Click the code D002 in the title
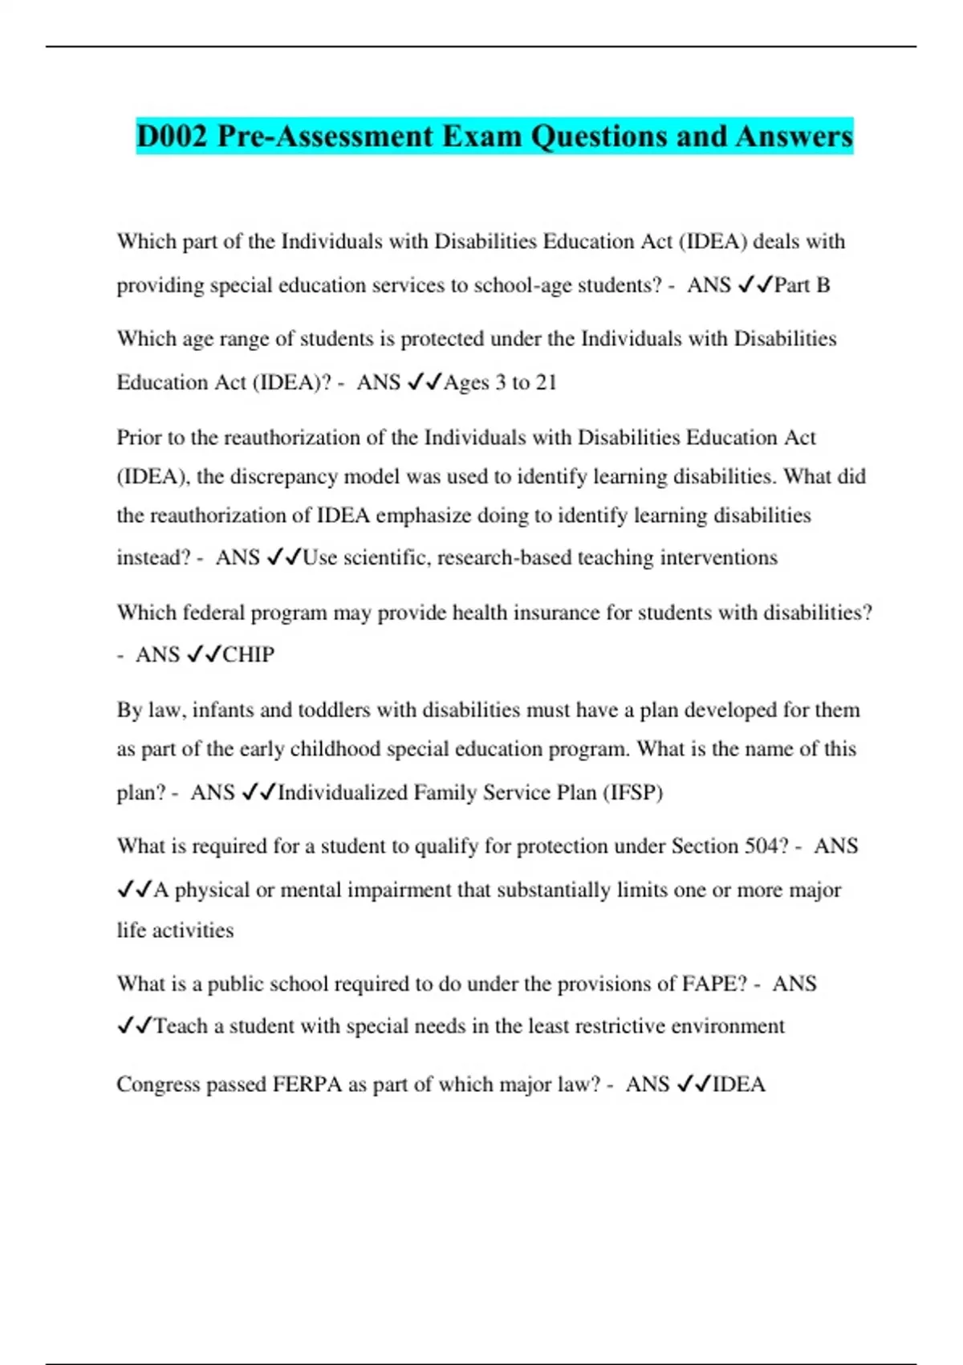click(172, 136)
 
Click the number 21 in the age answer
click(546, 382)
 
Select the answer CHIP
click(248, 654)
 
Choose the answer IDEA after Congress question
click(738, 1084)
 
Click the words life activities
click(175, 930)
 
